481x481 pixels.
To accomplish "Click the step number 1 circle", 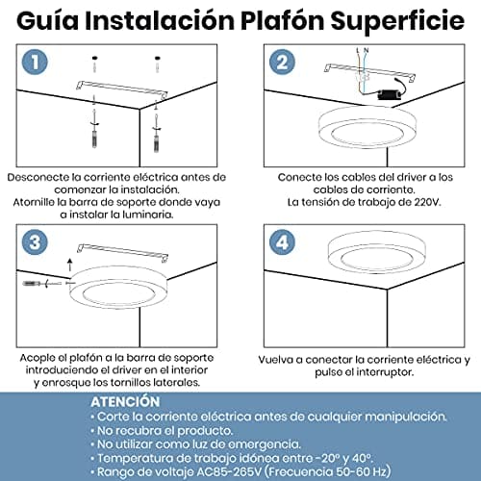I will click(x=36, y=63).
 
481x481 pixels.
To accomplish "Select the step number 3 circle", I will click(x=36, y=240).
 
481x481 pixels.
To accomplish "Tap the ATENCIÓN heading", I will click(x=125, y=400).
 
